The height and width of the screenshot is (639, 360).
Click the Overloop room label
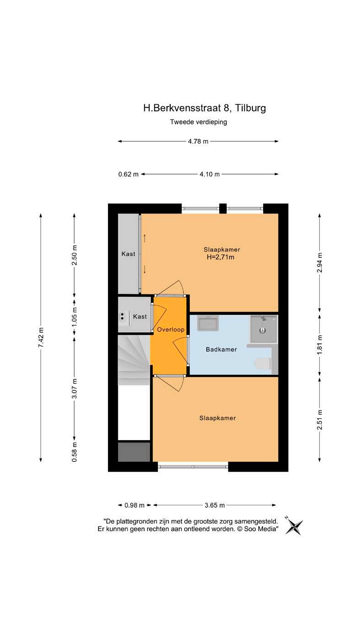point(171,330)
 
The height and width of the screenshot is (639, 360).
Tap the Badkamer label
point(221,349)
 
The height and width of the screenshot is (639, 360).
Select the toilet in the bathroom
point(263,364)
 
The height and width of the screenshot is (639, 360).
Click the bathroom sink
point(208,323)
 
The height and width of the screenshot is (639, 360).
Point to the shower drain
point(263,330)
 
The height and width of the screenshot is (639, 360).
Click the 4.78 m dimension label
point(198,141)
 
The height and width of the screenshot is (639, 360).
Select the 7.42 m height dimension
point(41,337)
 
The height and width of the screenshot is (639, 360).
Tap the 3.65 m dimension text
point(215,505)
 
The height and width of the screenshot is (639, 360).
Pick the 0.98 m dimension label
point(134,505)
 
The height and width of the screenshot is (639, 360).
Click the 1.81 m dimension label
point(319,345)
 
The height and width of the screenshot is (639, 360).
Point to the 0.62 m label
point(129,174)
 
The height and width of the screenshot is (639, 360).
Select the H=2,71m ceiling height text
point(220,257)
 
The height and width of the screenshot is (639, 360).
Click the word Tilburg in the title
point(250,108)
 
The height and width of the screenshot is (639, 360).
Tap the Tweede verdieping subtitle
point(199,122)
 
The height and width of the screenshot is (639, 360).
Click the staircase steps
point(134,360)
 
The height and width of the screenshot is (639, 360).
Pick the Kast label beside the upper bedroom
point(128,254)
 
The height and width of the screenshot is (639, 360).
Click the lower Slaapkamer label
point(218,418)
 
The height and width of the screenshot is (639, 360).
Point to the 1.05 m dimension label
point(74,317)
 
